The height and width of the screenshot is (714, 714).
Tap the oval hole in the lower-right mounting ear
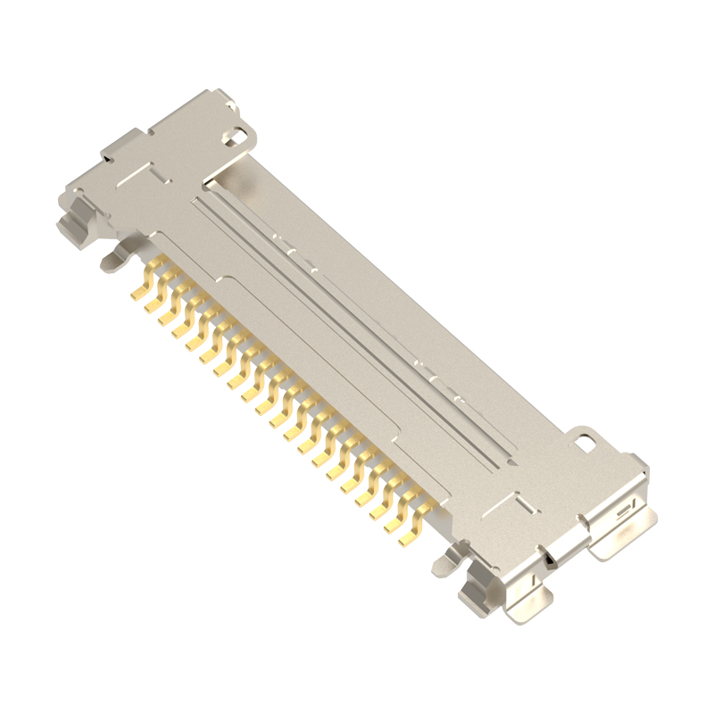[x=585, y=442]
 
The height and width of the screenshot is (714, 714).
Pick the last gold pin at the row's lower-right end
[x=409, y=538]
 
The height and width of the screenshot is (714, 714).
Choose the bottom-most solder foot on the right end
[x=532, y=607]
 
